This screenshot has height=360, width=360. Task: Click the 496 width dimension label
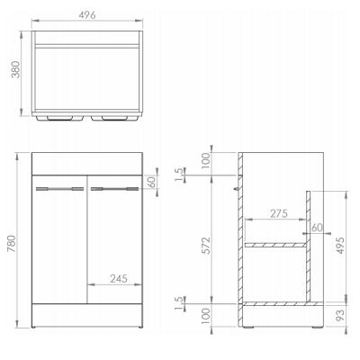pyautogui.click(x=87, y=14)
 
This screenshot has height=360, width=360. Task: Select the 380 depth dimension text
pyautogui.click(x=15, y=69)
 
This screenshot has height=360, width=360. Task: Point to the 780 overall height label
pyautogui.click(x=12, y=244)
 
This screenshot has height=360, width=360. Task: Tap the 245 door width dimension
pyautogui.click(x=119, y=279)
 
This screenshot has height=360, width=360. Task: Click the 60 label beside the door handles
pyautogui.click(x=152, y=182)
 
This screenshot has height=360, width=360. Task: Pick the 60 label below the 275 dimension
pyautogui.click(x=317, y=228)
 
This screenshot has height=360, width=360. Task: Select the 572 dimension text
pyautogui.click(x=206, y=246)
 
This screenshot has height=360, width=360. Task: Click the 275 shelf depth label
pyautogui.click(x=279, y=213)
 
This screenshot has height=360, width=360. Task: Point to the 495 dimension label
pyautogui.click(x=340, y=246)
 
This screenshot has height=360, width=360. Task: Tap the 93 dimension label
pyautogui.click(x=340, y=315)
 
